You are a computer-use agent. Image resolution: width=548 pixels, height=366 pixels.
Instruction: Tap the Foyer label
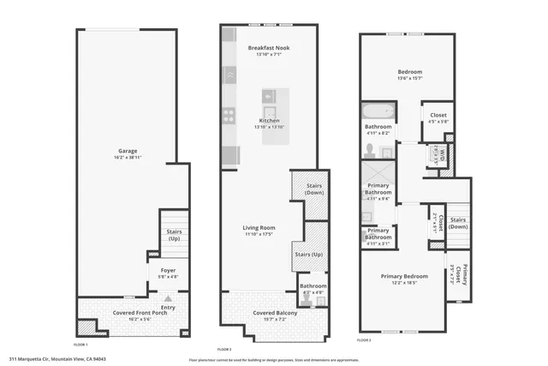[168, 270]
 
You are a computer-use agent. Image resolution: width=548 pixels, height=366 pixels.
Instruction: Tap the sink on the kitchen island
[269, 110]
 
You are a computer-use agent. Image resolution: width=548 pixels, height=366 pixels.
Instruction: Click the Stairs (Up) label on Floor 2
[308, 255]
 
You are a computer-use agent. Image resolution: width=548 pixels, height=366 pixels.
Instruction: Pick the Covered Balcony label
[274, 313]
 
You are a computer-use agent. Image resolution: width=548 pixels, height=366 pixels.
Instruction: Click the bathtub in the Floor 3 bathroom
[378, 111]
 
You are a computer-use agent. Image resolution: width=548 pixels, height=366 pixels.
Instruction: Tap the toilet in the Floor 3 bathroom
[370, 151]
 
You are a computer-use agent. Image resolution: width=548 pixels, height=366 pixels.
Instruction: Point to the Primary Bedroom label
[404, 276]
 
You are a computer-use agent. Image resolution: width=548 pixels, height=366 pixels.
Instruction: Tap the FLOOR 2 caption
[224, 350]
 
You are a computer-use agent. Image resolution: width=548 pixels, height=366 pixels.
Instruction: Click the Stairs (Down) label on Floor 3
[457, 223]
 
